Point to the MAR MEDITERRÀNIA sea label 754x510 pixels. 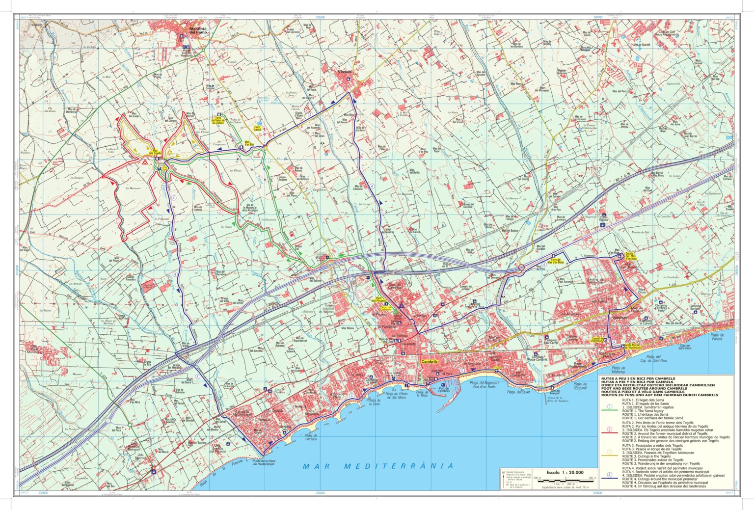378,466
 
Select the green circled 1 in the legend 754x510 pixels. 610,406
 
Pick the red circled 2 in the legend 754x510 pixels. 610,429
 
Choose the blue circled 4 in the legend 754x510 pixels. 610,475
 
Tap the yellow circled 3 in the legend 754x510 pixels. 610,452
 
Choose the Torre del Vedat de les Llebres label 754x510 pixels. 218,121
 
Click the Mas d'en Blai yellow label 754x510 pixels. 249,144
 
